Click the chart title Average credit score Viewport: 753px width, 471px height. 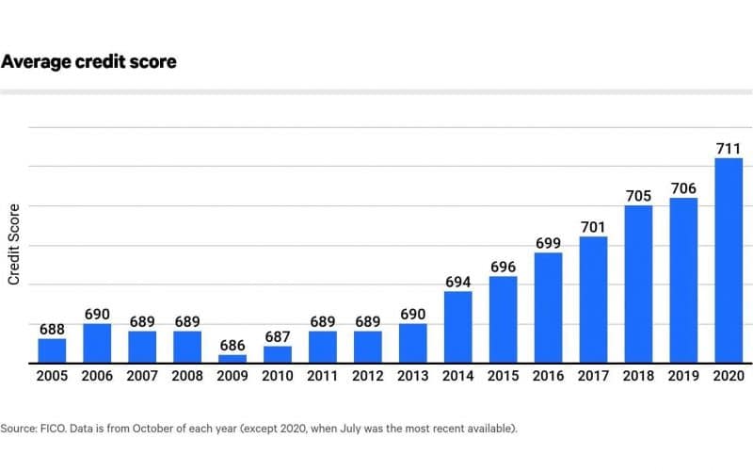point(88,62)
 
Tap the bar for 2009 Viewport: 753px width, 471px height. point(232,359)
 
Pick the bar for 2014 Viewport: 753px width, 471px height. point(457,327)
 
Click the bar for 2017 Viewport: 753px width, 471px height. point(593,300)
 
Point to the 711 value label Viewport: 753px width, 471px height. point(729,148)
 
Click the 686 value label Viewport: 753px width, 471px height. point(232,345)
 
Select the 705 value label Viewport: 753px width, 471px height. point(638,196)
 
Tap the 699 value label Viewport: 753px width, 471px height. point(548,243)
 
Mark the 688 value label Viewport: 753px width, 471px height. point(52,329)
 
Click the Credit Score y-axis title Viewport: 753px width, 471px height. point(14,244)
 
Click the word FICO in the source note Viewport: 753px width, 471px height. point(55,428)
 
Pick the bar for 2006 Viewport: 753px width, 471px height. point(97,343)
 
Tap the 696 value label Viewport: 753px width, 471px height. point(503,267)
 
